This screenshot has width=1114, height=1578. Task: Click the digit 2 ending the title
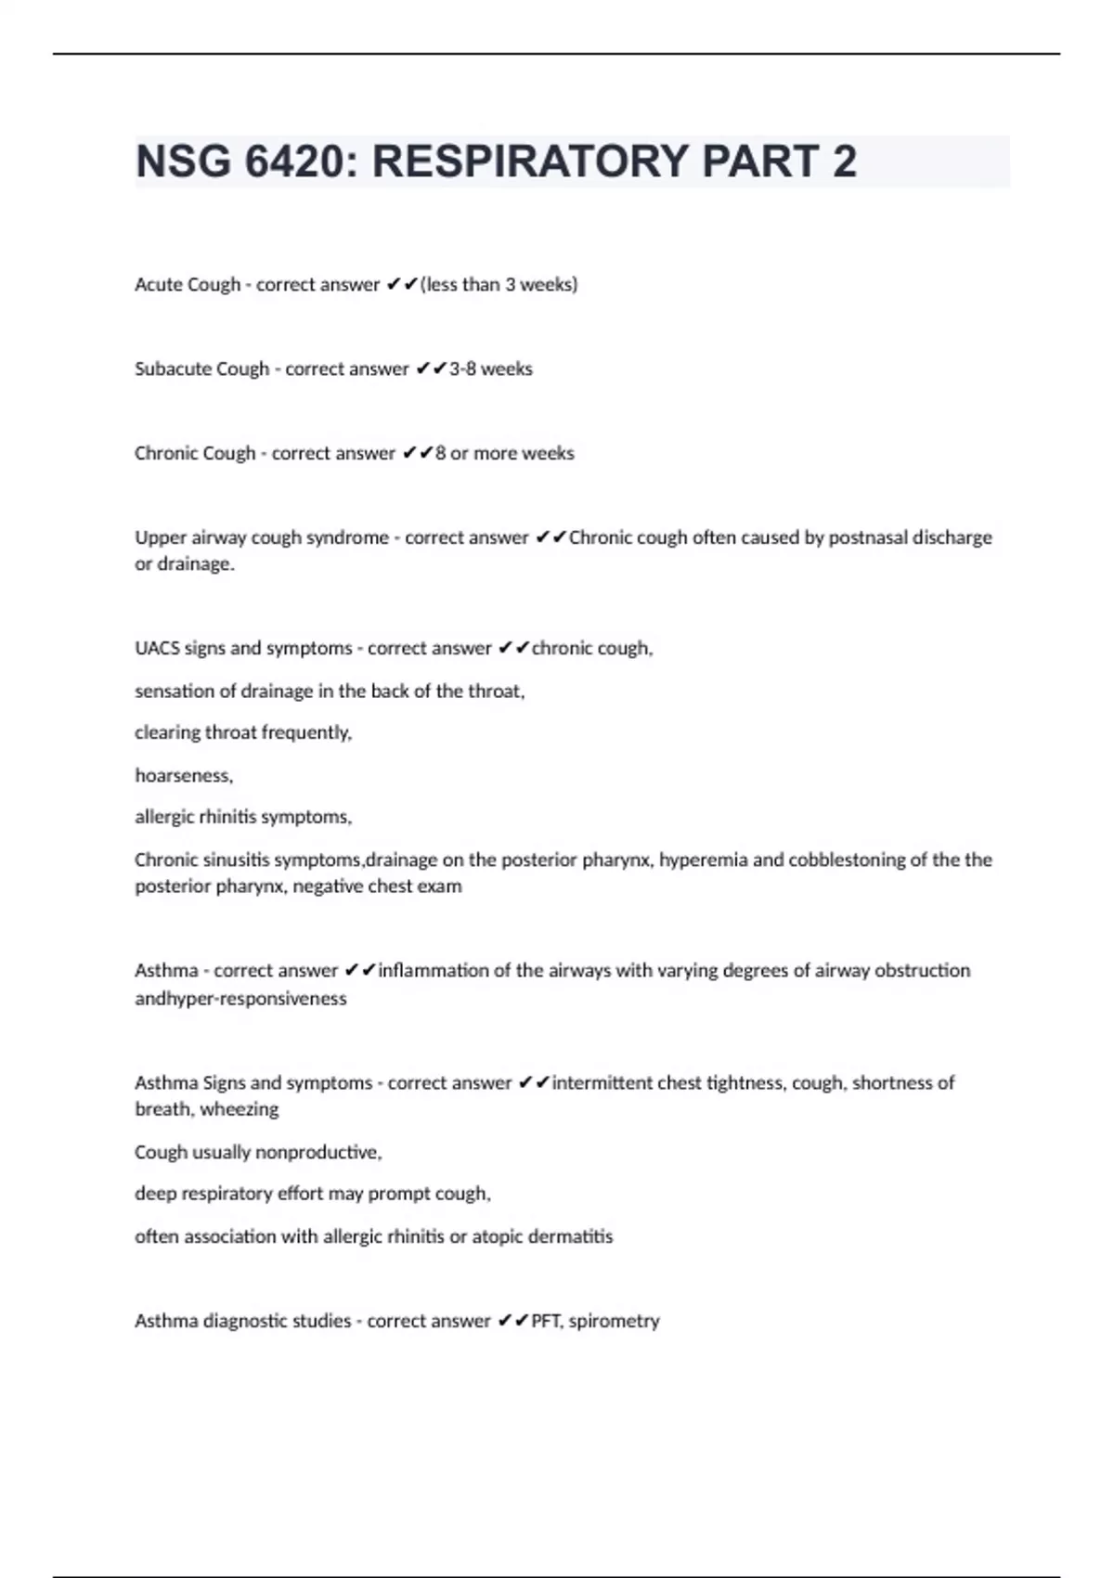(844, 162)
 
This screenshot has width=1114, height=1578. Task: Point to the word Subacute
(174, 369)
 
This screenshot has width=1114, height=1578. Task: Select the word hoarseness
(183, 776)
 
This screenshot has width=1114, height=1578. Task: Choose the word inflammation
(433, 971)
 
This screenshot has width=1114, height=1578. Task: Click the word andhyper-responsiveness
(240, 999)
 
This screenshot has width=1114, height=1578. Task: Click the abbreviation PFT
(546, 1322)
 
